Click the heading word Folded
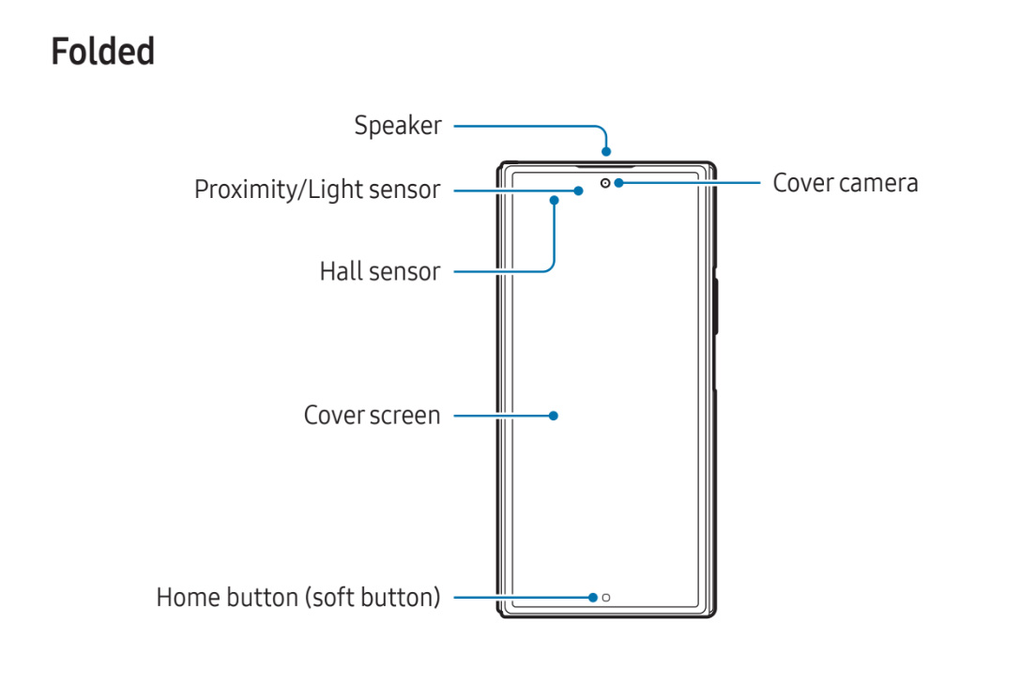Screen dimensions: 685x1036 pyautogui.click(x=102, y=52)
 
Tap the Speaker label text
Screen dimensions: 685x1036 pyautogui.click(x=397, y=126)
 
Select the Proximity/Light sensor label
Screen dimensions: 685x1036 pyautogui.click(x=316, y=190)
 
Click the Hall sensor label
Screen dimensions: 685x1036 pyautogui.click(x=379, y=272)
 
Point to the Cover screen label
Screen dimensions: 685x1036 pyautogui.click(x=372, y=415)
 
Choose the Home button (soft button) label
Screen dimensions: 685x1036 pyautogui.click(x=297, y=597)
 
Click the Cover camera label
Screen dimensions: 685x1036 pyautogui.click(x=845, y=183)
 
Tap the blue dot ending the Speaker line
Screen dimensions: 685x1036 pyautogui.click(x=607, y=151)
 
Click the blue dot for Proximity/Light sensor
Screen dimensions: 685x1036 pyautogui.click(x=580, y=190)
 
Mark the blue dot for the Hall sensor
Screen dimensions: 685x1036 pyautogui.click(x=556, y=199)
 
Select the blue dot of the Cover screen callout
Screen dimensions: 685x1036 pyautogui.click(x=554, y=415)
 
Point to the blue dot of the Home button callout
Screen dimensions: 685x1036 pyautogui.click(x=593, y=597)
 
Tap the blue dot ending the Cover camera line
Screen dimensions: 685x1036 pyautogui.click(x=619, y=183)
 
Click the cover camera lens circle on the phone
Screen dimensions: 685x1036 pyautogui.click(x=606, y=183)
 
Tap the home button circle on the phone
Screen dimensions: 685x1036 pyautogui.click(x=606, y=597)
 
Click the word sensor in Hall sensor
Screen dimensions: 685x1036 pyautogui.click(x=405, y=272)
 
